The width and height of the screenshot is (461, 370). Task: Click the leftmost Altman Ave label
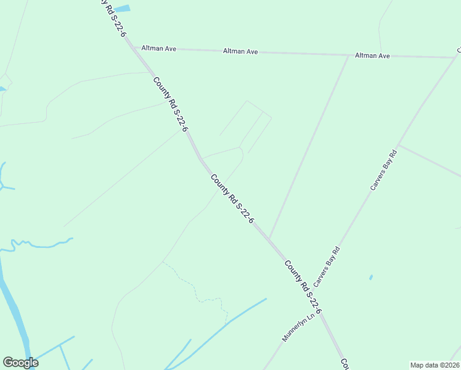pos(158,48)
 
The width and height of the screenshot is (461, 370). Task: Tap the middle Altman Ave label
pos(240,52)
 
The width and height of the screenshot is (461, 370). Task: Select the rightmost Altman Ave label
pos(372,55)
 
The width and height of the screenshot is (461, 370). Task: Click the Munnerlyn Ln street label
pos(298,327)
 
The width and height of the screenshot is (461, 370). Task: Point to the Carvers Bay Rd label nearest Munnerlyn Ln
pos(327,267)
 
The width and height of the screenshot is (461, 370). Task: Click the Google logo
pos(20,363)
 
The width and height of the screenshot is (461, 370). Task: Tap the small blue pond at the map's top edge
pos(123,9)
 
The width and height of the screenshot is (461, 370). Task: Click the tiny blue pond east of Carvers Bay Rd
pos(371,277)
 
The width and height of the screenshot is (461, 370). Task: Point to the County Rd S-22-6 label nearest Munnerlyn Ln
pos(303,287)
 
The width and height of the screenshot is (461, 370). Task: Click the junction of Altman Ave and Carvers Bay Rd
pos(455,57)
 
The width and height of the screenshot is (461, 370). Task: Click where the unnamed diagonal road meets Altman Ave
pos(349,55)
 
